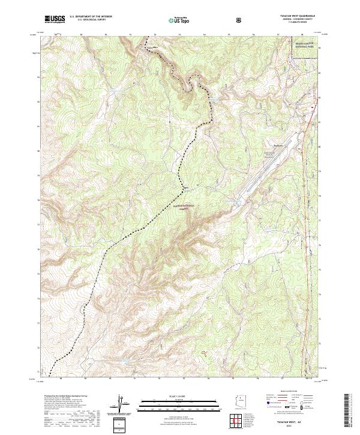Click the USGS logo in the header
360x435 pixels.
[x=55, y=19]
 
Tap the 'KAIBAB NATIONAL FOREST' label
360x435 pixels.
[x=188, y=206]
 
